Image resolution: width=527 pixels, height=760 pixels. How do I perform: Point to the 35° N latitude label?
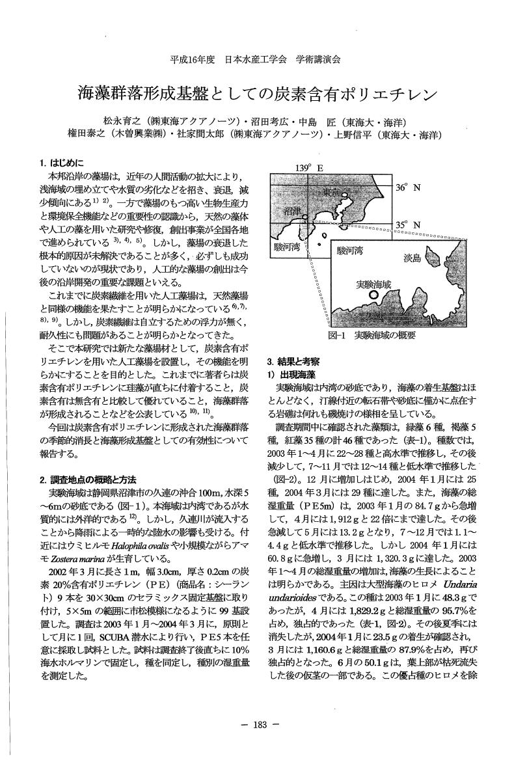[x=408, y=225]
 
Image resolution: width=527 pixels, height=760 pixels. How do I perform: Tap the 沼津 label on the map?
[x=293, y=212]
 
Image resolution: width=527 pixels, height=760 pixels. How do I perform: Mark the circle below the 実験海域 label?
[x=373, y=295]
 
